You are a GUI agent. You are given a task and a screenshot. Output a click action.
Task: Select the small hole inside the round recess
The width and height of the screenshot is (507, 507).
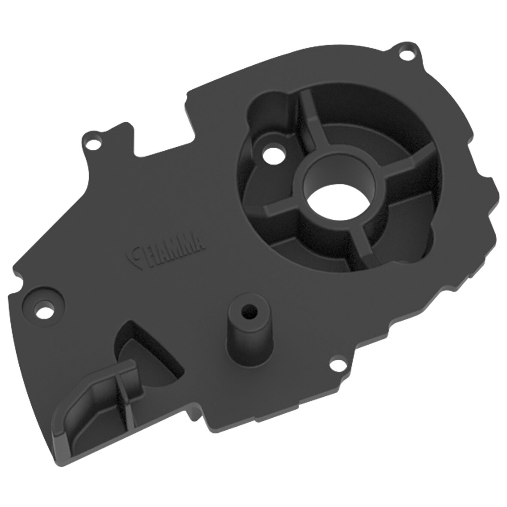click(x=271, y=152)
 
